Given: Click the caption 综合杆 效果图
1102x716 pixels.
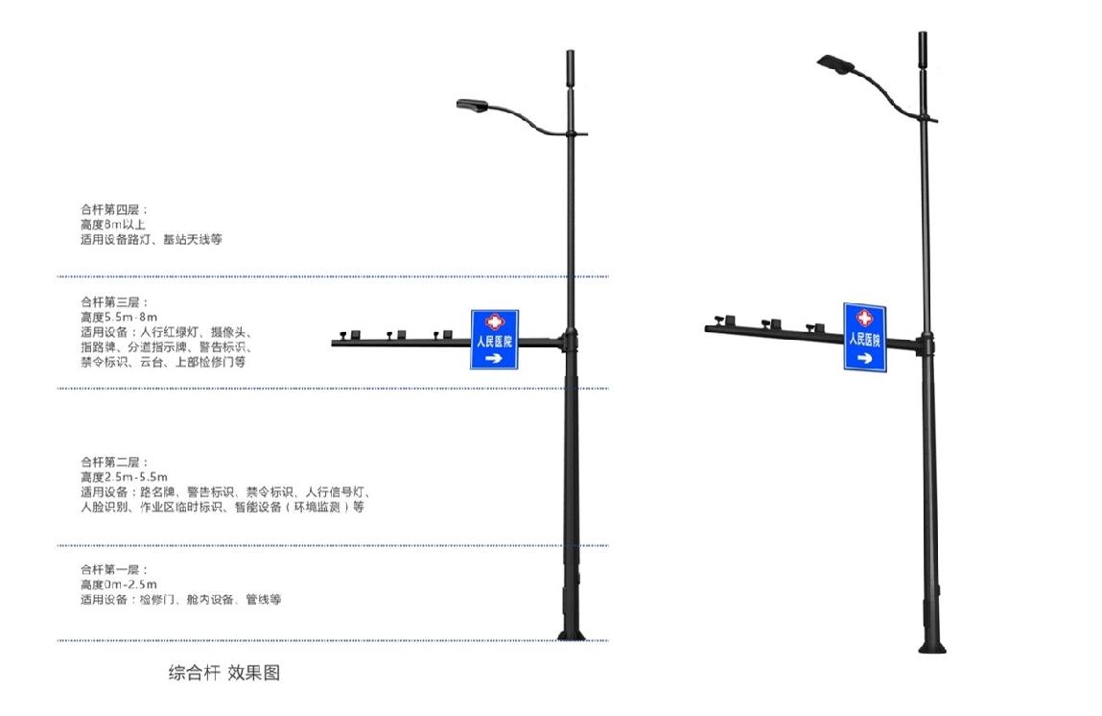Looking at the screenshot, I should click(x=223, y=673).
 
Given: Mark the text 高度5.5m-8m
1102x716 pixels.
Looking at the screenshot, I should click(x=119, y=317).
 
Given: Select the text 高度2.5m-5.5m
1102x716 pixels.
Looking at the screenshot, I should click(x=124, y=477).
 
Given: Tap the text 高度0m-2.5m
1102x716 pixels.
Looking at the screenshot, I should click(x=119, y=585).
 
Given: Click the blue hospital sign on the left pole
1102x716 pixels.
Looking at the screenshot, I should click(x=494, y=339).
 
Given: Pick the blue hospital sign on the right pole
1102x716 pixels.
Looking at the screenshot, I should click(x=864, y=337).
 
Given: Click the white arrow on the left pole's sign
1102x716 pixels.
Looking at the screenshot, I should click(x=494, y=359).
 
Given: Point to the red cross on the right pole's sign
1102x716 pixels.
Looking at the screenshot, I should click(x=864, y=318).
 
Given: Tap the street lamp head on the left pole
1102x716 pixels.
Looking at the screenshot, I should click(x=472, y=105).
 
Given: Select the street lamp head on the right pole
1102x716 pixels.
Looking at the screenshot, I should click(x=834, y=63).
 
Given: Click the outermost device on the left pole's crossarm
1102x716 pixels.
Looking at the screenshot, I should click(x=343, y=335).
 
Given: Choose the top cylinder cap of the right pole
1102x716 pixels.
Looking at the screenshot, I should click(x=923, y=49).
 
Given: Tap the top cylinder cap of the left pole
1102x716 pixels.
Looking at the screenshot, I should click(x=571, y=67).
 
